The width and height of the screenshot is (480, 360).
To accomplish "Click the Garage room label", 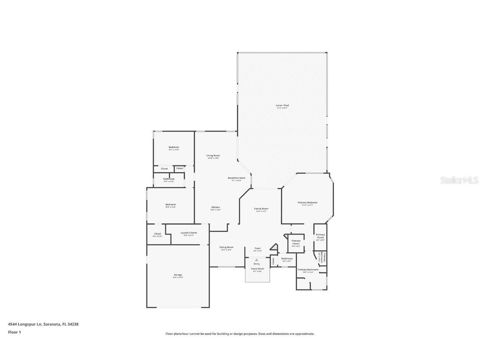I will [x=178, y=275].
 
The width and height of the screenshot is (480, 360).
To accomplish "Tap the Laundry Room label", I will [x=188, y=233].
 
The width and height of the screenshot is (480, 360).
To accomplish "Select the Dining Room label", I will [x=226, y=247].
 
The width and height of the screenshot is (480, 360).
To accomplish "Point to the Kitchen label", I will [x=215, y=207].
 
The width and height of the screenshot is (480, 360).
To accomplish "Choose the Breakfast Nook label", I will [x=236, y=178].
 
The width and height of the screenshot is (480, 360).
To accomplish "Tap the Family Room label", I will [x=261, y=209].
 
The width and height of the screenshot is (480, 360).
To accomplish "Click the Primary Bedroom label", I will [x=307, y=203].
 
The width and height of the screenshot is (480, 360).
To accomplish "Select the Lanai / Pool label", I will [x=282, y=106].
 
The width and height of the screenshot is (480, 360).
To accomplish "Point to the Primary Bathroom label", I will [x=308, y=270].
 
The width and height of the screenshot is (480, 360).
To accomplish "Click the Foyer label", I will [x=257, y=248].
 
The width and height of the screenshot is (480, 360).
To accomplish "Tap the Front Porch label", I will [x=257, y=269].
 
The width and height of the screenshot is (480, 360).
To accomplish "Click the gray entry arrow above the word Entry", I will [x=257, y=260].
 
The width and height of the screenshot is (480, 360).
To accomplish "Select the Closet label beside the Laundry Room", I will [x=157, y=234].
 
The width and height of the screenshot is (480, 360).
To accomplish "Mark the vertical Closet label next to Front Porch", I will [x=273, y=261].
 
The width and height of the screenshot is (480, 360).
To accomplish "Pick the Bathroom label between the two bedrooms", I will [x=169, y=179].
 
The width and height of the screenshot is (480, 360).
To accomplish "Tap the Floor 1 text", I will [x=14, y=332].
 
